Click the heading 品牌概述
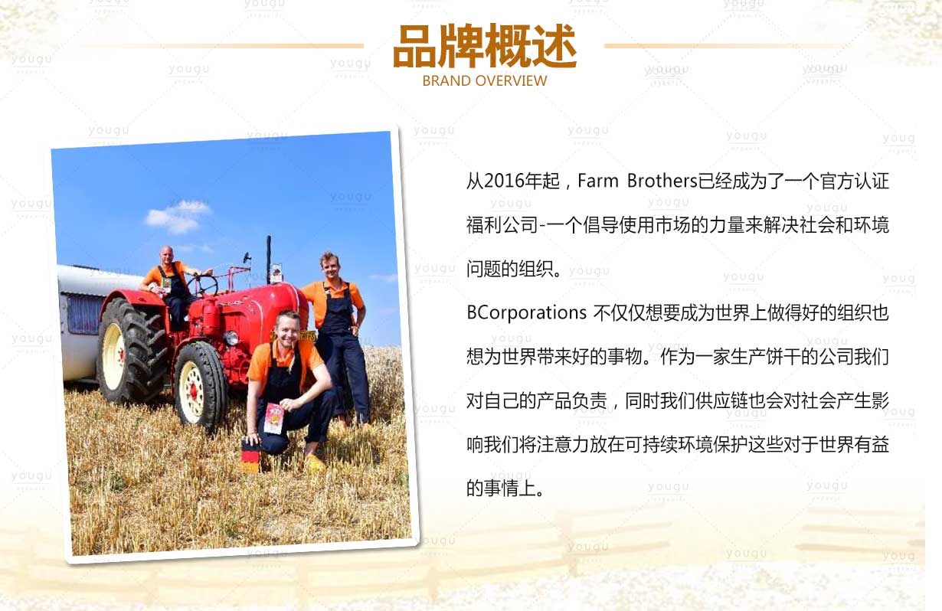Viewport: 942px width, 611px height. click(x=484, y=45)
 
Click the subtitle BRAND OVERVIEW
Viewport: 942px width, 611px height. click(x=485, y=80)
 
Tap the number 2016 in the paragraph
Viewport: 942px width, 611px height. click(x=504, y=181)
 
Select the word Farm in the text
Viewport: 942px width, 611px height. click(x=597, y=181)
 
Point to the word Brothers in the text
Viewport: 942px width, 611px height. click(x=662, y=181)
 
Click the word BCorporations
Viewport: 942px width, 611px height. click(x=526, y=313)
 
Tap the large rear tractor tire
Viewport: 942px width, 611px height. click(x=131, y=351)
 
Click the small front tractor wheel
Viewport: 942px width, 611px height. click(x=199, y=386)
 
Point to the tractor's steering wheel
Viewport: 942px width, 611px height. click(x=202, y=285)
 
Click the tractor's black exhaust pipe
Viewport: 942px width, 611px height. click(x=268, y=260)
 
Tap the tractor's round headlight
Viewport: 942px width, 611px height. click(x=231, y=338)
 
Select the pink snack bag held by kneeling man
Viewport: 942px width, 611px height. click(x=273, y=418)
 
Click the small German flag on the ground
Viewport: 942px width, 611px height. click(x=251, y=456)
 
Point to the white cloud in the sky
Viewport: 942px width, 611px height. click(x=178, y=217)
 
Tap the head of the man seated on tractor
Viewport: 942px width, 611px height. click(x=167, y=254)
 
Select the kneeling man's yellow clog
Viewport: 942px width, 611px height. click(x=314, y=463)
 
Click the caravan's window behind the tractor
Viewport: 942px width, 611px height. click(x=84, y=314)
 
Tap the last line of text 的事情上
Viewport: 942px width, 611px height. click(x=505, y=488)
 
